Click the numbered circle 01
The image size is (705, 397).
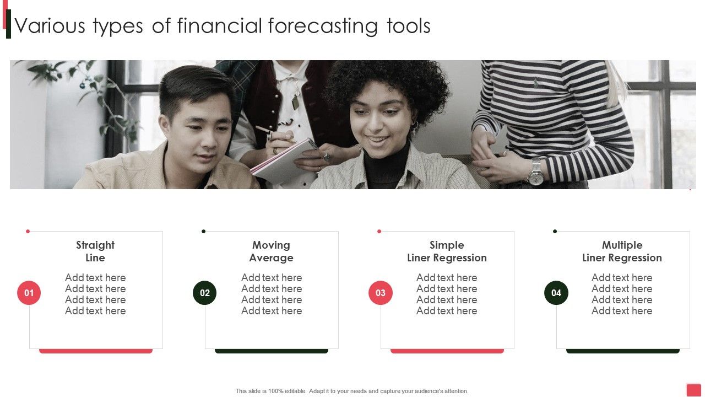pyautogui.click(x=29, y=293)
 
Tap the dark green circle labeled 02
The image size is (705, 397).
pyautogui.click(x=205, y=293)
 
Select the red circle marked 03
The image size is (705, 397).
pyautogui.click(x=381, y=293)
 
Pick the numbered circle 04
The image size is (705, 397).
pyautogui.click(x=556, y=293)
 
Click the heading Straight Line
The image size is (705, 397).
pyautogui.click(x=95, y=251)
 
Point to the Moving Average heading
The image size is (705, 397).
pyautogui.click(x=271, y=251)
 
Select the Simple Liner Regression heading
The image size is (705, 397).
pyautogui.click(x=447, y=251)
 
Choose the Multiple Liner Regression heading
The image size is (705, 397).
pyautogui.click(x=622, y=251)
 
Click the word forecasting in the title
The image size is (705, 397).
pyautogui.click(x=323, y=26)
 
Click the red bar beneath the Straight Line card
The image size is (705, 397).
pyautogui.click(x=96, y=351)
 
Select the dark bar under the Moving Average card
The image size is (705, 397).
pyautogui.click(x=272, y=351)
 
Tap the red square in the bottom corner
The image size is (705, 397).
pyautogui.click(x=694, y=390)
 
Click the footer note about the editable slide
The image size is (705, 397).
pyautogui.click(x=352, y=391)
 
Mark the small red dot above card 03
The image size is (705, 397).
pyautogui.click(x=379, y=232)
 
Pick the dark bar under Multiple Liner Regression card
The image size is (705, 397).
pyautogui.click(x=623, y=351)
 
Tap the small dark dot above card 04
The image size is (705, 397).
pyautogui.click(x=555, y=232)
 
